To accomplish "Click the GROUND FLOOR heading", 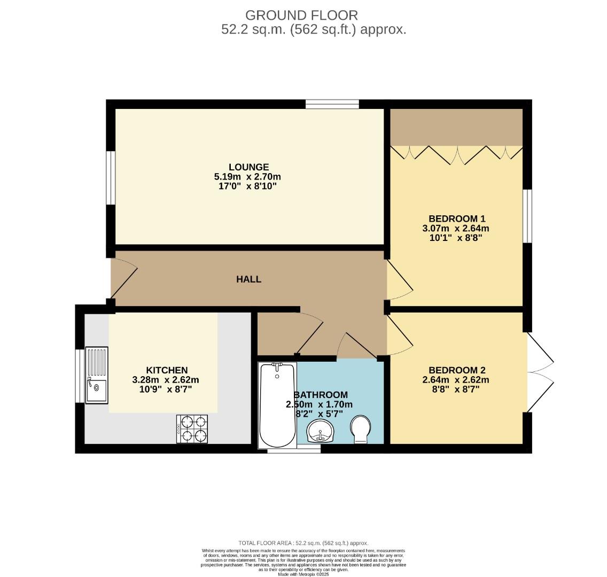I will coord(301,15).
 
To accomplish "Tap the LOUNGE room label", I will coord(248,167).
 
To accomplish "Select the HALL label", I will coord(249,279).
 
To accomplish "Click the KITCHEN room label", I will coord(167,370).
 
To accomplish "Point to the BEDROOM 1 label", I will coord(456,219).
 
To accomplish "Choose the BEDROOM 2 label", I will coord(456,370).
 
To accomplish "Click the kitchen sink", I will coord(97,375).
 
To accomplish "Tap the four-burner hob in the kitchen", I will coord(192,429).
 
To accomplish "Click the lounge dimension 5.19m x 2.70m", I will coord(248,177).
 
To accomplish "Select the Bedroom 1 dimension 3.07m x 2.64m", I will coord(456,228).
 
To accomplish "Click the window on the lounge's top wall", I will coord(332,104).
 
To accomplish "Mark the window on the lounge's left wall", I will coord(111,178).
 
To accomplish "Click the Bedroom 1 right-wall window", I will coord(527,216).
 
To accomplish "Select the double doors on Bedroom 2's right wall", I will coord(540,372).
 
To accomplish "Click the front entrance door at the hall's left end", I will coord(123,279).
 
